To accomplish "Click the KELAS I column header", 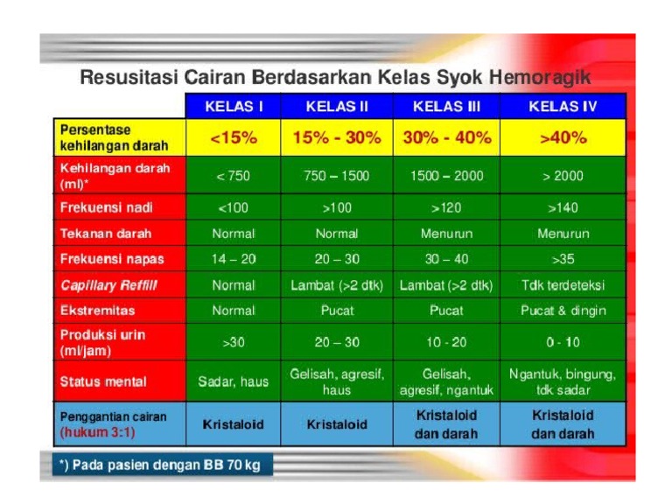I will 233,107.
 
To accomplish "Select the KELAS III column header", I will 446,107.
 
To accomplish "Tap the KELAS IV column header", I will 563,107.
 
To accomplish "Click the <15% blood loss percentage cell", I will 233,138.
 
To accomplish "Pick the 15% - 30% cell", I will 337,138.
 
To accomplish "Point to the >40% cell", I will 563,138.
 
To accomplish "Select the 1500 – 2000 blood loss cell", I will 446,176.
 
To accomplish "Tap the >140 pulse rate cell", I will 563,207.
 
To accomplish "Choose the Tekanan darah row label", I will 105,234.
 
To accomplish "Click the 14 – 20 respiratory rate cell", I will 233,259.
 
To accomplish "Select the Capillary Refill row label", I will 108,285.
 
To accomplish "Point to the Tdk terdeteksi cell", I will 563,285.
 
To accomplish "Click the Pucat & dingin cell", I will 563,311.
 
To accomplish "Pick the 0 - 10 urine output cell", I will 563,342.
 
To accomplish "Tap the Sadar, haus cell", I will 233,381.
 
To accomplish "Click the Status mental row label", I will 103,381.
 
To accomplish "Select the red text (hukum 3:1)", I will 97,432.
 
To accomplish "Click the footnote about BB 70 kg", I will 159,465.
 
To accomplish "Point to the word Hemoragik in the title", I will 540,77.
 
